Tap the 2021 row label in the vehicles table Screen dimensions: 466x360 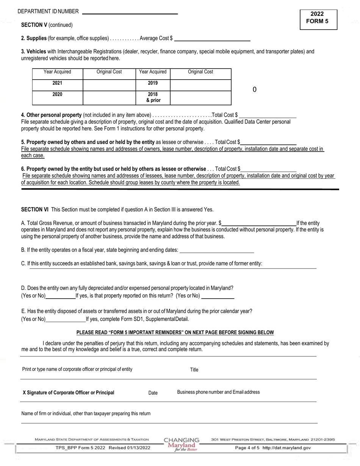coord(57,83)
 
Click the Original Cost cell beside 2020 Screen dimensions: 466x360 coord(109,97)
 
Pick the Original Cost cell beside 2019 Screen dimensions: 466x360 coord(200,85)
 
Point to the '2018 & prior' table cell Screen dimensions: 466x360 coord(153,97)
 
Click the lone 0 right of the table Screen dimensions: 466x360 coord(255,90)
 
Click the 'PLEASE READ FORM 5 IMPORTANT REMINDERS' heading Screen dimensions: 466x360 coord(175,333)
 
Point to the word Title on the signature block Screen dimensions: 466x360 coord(194,370)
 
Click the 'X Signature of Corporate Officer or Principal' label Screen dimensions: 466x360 coord(68,393)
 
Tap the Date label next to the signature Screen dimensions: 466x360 coord(153,393)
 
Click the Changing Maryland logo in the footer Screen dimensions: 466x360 coord(182,444)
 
